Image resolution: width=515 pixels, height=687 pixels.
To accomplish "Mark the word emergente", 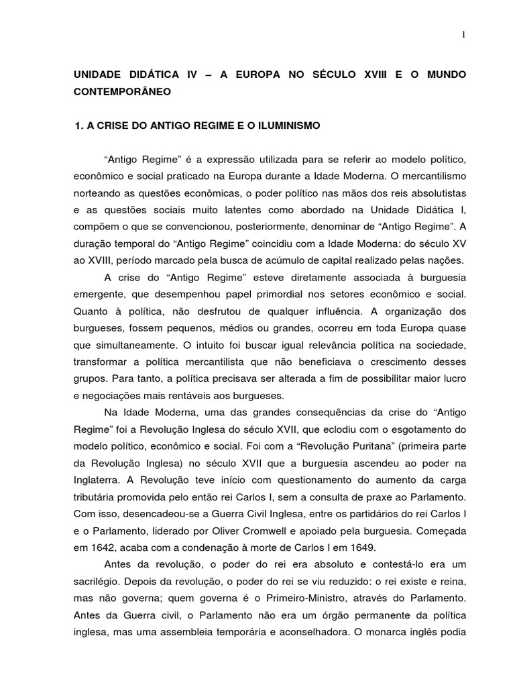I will pyautogui.click(x=98, y=295).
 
